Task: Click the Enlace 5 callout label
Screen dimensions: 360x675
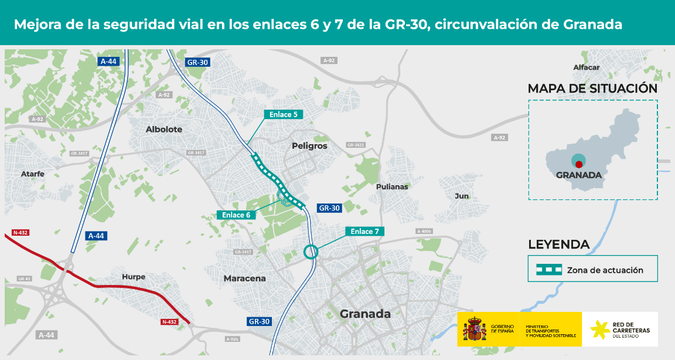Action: pyautogui.click(x=284, y=114)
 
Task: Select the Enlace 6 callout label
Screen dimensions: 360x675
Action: pyautogui.click(x=237, y=215)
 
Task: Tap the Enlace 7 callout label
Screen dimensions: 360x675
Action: pyautogui.click(x=365, y=231)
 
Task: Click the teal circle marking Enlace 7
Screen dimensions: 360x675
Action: pyautogui.click(x=310, y=252)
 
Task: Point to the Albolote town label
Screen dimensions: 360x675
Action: pyautogui.click(x=164, y=129)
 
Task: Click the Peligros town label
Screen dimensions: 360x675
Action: pyautogui.click(x=309, y=145)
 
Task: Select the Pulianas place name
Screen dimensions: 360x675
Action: pyautogui.click(x=392, y=186)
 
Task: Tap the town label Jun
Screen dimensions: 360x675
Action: pyautogui.click(x=462, y=196)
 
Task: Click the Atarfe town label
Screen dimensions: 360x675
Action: pyautogui.click(x=32, y=174)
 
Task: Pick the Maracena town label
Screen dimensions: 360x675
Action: pyautogui.click(x=245, y=279)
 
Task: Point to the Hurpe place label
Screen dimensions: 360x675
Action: pyautogui.click(x=134, y=277)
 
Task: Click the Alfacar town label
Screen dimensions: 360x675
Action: pyautogui.click(x=587, y=67)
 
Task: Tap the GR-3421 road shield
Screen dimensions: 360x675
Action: pyautogui.click(x=356, y=145)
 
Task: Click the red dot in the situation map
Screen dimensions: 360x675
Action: pyautogui.click(x=579, y=164)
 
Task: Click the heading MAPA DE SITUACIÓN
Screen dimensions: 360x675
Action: pyautogui.click(x=592, y=89)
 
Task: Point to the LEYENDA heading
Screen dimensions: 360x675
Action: pyautogui.click(x=558, y=244)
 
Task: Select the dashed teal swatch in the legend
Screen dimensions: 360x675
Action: pyautogui.click(x=549, y=270)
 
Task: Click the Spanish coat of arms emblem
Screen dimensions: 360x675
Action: pyautogui.click(x=475, y=330)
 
